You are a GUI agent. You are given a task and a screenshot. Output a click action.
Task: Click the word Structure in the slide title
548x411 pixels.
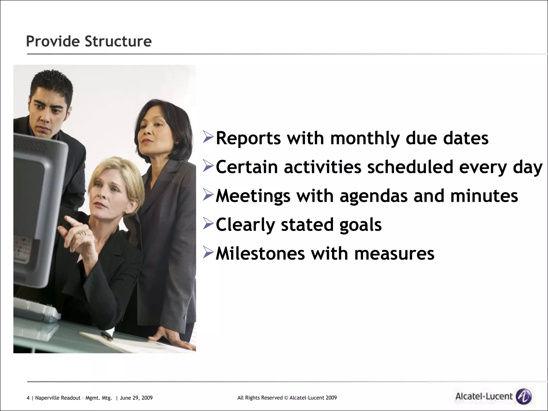118,41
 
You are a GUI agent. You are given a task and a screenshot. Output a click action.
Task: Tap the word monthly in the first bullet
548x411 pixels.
365,138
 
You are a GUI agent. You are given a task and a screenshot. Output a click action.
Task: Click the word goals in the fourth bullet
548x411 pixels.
360,225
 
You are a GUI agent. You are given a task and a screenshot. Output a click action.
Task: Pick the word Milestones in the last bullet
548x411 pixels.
260,253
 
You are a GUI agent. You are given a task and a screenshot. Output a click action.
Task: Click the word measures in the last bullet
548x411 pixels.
394,253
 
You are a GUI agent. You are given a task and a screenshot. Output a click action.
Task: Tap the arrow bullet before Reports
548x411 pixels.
208,137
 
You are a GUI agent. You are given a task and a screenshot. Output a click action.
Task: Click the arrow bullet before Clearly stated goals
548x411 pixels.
208,223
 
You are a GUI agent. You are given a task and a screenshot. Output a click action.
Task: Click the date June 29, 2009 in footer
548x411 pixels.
136,398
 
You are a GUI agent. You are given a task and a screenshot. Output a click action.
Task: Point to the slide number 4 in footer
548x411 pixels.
28,398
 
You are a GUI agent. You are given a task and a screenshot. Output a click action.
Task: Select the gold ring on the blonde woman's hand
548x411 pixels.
82,234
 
